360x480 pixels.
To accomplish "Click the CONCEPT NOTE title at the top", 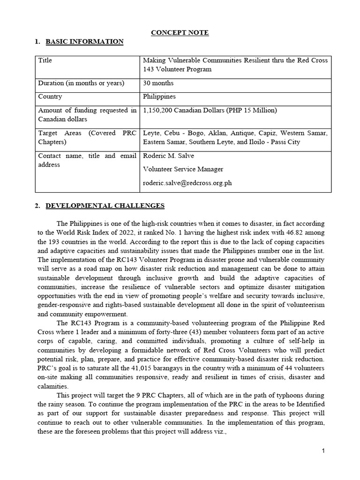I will pyautogui.click(x=180, y=32).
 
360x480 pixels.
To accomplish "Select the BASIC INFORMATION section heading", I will pyautogui.click(x=84, y=42).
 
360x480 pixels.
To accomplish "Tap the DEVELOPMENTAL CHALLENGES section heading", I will pyautogui.click(x=105, y=205).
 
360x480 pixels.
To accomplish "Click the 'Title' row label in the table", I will pyautogui.click(x=45, y=60).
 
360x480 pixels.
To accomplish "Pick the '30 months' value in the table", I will pyautogui.click(x=158, y=83).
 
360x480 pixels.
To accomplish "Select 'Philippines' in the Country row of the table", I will pyautogui.click(x=159, y=97).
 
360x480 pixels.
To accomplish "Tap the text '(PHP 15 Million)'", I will pyautogui.click(x=253, y=110).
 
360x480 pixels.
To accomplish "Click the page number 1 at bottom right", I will pyautogui.click(x=323, y=451).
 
